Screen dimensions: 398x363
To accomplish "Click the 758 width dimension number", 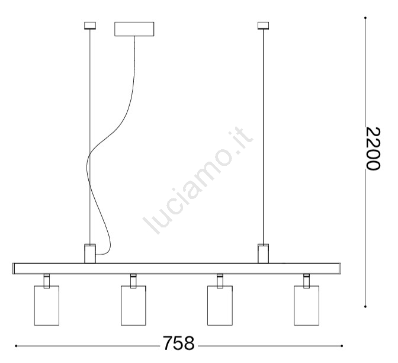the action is (178, 343).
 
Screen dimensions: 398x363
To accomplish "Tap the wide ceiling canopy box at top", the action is (134, 29).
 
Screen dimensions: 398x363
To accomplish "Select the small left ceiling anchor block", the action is (90, 25).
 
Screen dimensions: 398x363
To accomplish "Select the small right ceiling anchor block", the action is (263, 25).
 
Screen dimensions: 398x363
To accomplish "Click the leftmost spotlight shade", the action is (47, 306).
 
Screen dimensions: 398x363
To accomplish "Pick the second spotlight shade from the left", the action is (133, 306).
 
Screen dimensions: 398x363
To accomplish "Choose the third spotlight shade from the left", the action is (220, 306).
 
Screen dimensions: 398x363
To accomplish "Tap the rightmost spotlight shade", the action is (307, 306).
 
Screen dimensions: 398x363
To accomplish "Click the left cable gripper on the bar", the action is (90, 253).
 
